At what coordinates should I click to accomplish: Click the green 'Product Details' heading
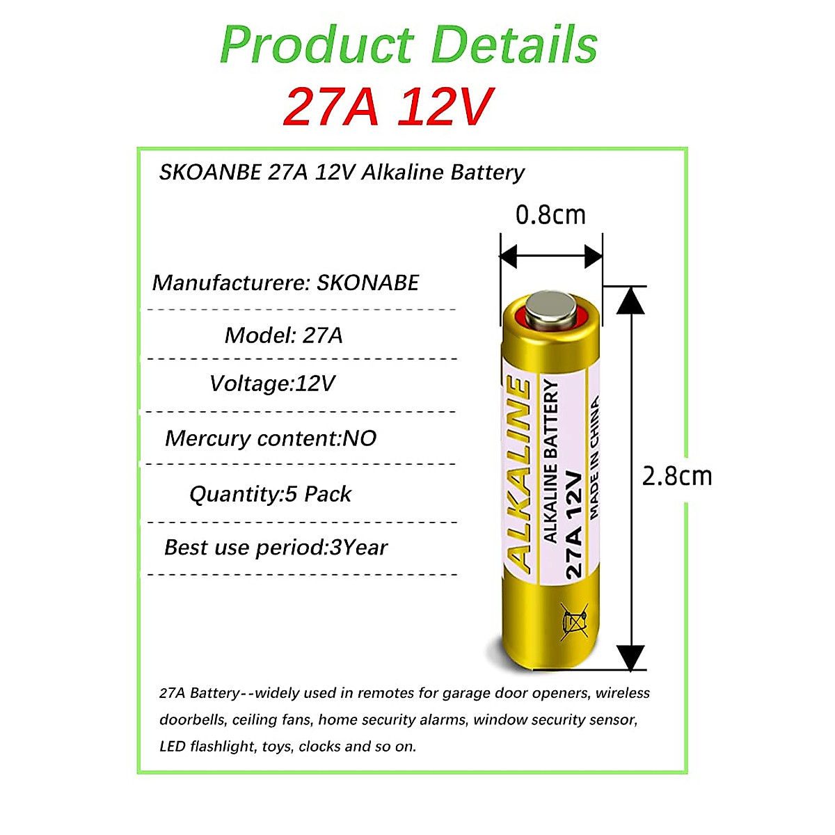tap(408, 45)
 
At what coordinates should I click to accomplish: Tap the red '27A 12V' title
tap(388, 106)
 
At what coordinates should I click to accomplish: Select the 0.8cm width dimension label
tap(550, 215)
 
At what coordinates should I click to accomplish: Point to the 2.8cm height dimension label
tap(676, 477)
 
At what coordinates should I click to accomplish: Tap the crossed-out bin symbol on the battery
tap(574, 621)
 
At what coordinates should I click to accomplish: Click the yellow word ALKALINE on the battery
tap(519, 473)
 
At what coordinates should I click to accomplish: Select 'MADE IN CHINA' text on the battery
tap(594, 458)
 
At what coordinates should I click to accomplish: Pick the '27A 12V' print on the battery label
tap(573, 525)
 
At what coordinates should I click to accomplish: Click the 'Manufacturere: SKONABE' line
tap(285, 283)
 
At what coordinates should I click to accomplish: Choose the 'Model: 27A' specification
tap(283, 335)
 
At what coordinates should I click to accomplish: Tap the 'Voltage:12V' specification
tap(272, 383)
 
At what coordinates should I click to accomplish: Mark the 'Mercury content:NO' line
tap(271, 438)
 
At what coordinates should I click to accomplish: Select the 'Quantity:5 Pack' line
tap(270, 494)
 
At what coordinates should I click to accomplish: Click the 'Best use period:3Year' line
tap(276, 548)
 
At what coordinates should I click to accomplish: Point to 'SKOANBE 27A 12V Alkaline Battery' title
tap(342, 172)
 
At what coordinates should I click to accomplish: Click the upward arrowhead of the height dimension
tap(630, 299)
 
